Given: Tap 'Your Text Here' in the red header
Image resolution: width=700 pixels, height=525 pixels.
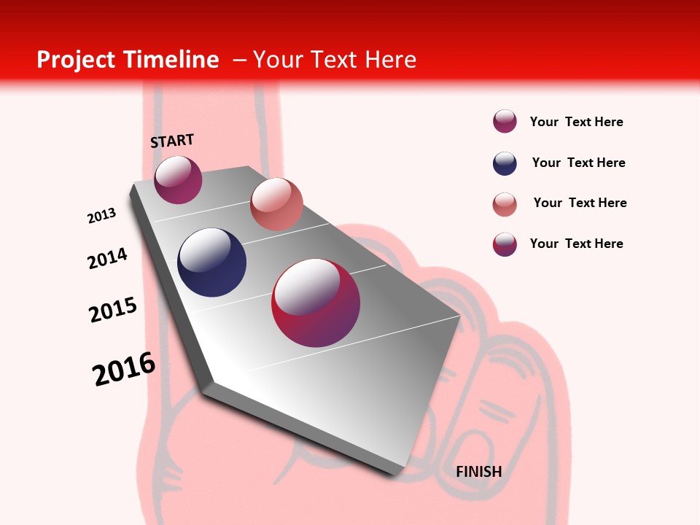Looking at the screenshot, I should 335,60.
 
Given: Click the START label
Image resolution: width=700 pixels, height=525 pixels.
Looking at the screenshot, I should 172,141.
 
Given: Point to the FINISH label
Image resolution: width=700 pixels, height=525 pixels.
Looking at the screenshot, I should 478,472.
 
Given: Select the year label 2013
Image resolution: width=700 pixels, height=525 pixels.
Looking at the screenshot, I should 101,216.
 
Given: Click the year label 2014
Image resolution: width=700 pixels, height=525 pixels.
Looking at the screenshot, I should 107,259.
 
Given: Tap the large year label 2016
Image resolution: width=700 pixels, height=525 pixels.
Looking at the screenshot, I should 124,369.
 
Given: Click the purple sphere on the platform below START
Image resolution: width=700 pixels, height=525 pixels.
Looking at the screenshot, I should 178,180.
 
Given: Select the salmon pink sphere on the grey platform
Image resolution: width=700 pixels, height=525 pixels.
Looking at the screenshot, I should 276,203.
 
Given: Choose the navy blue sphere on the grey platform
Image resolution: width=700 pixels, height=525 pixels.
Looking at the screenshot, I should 212,262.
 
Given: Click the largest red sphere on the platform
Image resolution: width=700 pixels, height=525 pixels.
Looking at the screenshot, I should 316,303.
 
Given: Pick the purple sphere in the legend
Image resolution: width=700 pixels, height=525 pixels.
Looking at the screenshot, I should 505,121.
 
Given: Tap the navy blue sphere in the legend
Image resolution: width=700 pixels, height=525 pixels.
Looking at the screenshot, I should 505,163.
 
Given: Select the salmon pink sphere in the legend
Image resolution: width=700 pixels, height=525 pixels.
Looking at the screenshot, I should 505,204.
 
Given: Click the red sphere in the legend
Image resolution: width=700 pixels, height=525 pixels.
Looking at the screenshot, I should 505,244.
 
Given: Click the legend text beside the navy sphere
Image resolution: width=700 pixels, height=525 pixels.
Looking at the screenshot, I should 578,163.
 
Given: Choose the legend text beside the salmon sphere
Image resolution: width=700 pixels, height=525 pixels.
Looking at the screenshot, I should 580,203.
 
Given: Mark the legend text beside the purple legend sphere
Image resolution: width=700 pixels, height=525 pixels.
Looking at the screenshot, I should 576,122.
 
